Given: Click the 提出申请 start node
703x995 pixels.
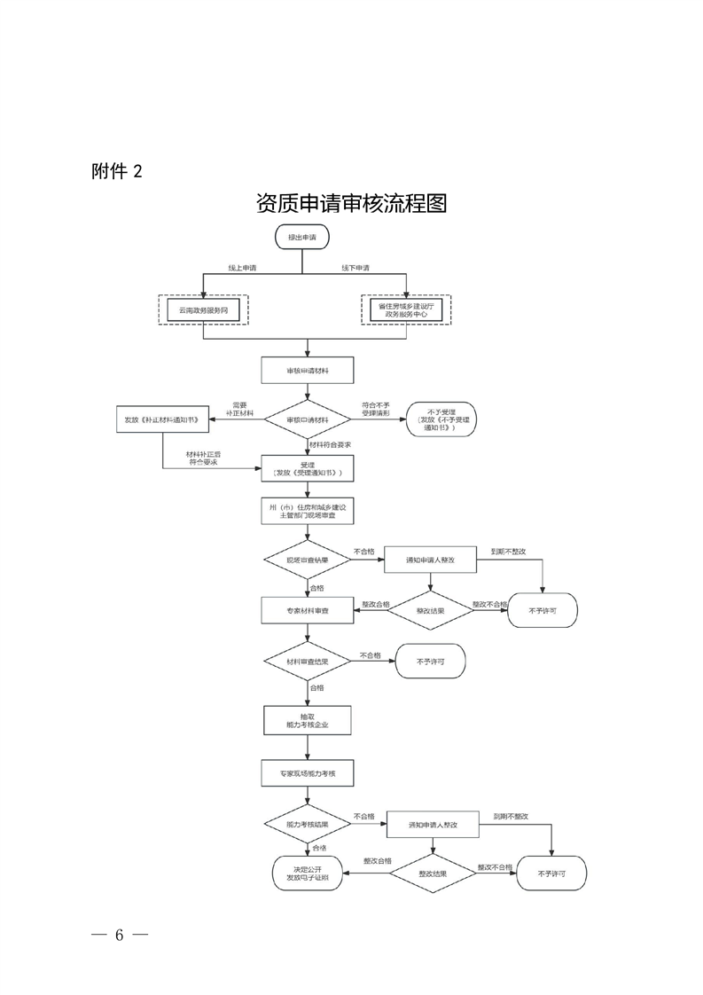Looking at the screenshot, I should coord(302,238).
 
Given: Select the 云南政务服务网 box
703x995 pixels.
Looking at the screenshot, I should coord(203,309).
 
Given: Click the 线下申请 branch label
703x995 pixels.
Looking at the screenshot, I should coord(355,268).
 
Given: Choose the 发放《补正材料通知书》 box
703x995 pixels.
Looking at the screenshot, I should coord(162,419).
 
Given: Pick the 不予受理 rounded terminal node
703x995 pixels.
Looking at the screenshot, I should coord(441,419).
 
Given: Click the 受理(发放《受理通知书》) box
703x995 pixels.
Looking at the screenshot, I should coord(308,468).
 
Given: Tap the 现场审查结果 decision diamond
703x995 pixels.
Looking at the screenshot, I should coord(308,560).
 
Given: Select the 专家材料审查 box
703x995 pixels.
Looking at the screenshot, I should coord(308,611).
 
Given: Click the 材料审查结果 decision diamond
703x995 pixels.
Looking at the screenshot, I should coord(308,662).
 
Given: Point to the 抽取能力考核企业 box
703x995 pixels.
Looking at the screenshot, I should coord(308,720).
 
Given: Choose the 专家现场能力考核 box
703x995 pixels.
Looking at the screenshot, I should coord(308,773).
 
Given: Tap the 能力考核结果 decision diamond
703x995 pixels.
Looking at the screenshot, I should coord(308,824).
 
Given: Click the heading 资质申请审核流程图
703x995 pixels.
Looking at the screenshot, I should coord(351,203).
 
